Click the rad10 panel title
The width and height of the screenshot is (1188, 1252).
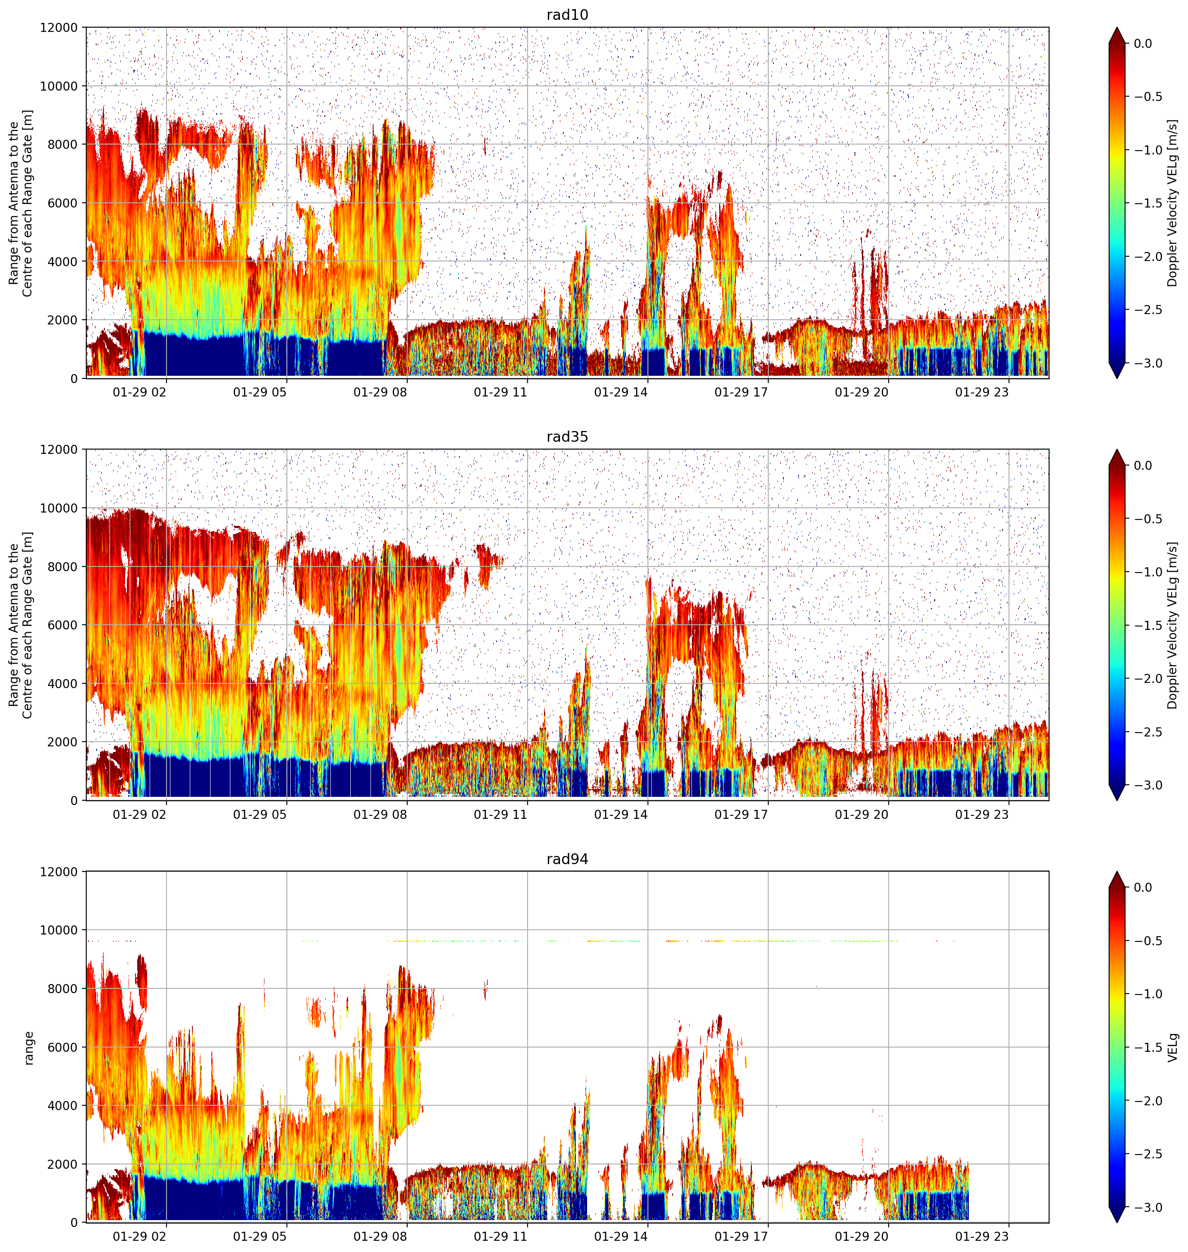pyautogui.click(x=567, y=15)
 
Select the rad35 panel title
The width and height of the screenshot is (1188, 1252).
pyautogui.click(x=567, y=436)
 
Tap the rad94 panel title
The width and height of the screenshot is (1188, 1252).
pyautogui.click(x=567, y=859)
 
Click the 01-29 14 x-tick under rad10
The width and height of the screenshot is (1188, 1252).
pyautogui.click(x=621, y=392)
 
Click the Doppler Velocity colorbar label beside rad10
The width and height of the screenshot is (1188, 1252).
pyautogui.click(x=1173, y=203)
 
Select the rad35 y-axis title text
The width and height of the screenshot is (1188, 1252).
pyautogui.click(x=20, y=625)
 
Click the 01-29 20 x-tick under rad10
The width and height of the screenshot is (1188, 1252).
pyautogui.click(x=861, y=392)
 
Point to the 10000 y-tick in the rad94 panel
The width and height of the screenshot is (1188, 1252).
pyautogui.click(x=59, y=930)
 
